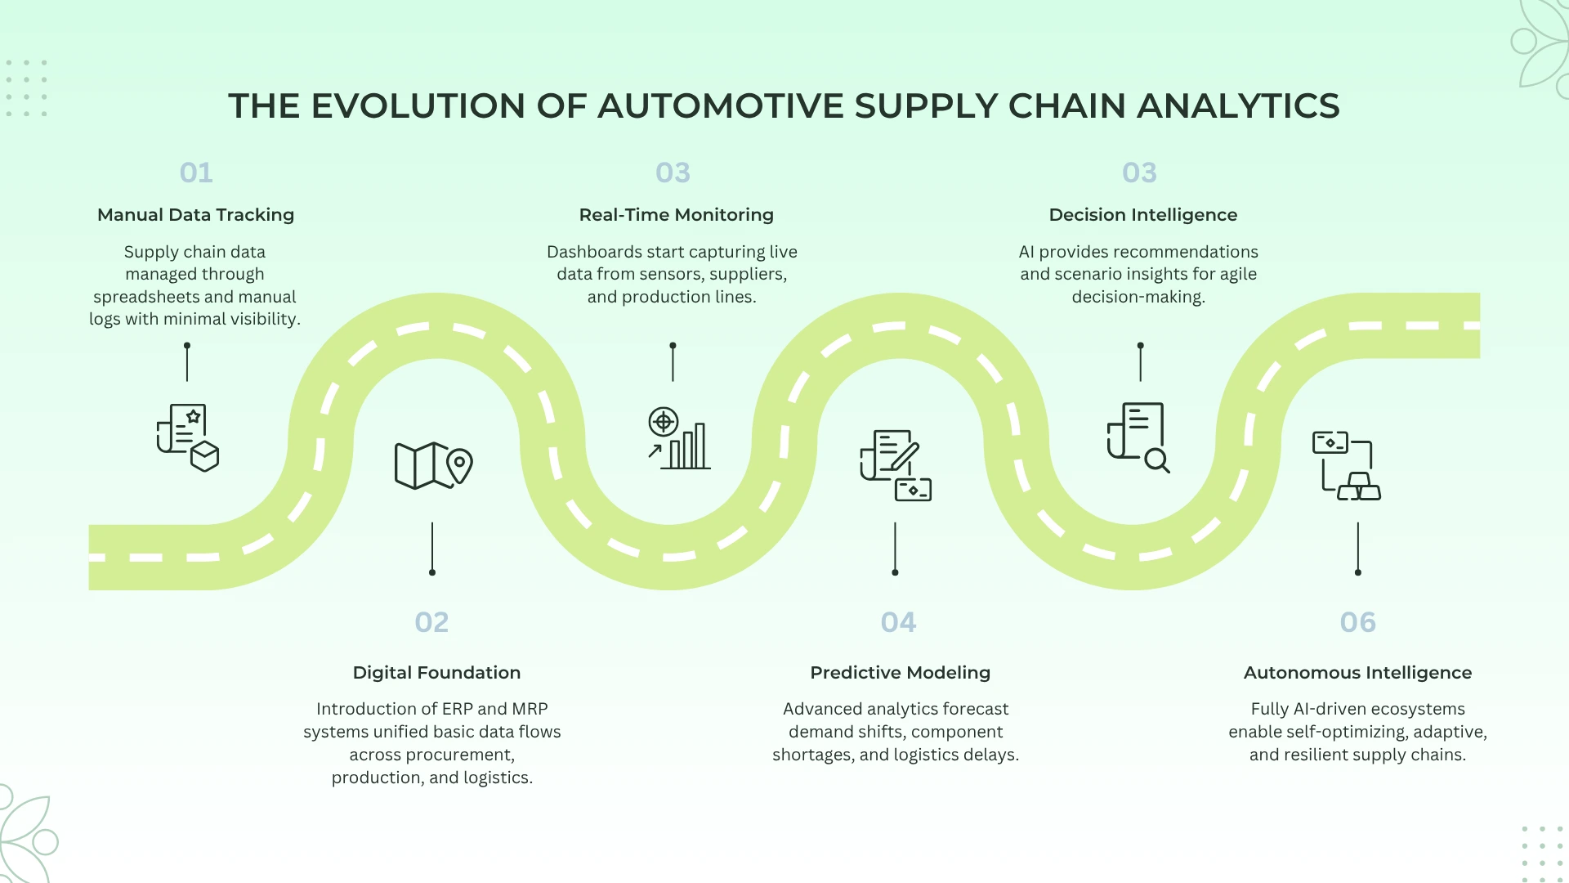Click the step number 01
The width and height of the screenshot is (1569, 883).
(196, 173)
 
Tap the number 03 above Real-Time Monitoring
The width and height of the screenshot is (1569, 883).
(673, 173)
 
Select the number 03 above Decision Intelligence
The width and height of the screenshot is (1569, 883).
(1139, 173)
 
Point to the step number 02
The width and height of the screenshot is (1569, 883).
(431, 622)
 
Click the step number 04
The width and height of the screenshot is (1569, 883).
(898, 622)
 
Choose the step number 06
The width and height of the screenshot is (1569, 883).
(1357, 622)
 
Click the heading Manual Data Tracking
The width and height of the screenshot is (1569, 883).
(195, 214)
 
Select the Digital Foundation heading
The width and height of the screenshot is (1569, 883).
(436, 672)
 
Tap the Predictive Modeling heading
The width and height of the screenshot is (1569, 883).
(900, 672)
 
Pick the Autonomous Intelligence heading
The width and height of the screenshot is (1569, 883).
(1357, 672)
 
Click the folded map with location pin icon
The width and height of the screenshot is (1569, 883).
(433, 465)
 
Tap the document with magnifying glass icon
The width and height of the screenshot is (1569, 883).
(1138, 437)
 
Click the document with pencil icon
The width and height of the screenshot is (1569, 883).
(895, 465)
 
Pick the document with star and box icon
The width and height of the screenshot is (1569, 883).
(188, 437)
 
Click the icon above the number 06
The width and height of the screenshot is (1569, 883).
(1346, 465)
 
